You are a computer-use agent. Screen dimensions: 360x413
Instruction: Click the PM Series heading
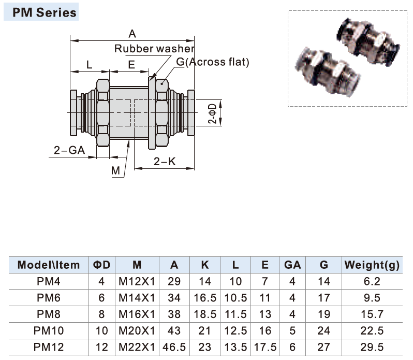click(x=41, y=12)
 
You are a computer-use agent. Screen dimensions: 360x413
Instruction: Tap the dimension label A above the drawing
click(x=132, y=34)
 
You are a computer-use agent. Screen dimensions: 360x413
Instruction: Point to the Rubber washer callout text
click(x=154, y=49)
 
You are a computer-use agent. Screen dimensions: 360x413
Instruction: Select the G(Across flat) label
click(x=212, y=62)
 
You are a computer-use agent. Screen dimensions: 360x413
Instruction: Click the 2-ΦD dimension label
click(x=212, y=112)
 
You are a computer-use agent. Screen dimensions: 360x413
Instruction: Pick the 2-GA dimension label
click(x=69, y=151)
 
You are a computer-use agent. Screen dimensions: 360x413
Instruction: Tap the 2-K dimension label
click(x=165, y=162)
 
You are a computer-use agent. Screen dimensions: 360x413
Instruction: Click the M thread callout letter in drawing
click(x=115, y=170)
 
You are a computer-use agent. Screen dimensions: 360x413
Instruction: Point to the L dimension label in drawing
click(x=90, y=65)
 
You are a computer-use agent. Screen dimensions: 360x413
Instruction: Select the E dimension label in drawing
click(x=131, y=65)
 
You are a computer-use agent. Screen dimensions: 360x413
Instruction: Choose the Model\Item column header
click(x=49, y=265)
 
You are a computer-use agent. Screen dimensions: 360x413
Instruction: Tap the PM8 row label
click(x=49, y=314)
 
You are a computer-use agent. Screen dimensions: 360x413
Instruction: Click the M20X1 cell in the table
click(x=137, y=330)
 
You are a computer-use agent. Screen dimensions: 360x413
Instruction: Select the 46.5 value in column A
click(x=174, y=347)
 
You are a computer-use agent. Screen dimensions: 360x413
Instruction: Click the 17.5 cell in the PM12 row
click(x=265, y=347)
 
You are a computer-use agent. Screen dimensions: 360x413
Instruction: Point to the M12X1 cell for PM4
click(x=137, y=282)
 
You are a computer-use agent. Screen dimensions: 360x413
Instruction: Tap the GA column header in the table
click(x=292, y=265)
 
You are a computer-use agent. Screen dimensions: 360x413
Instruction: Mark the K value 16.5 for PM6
click(x=205, y=298)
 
